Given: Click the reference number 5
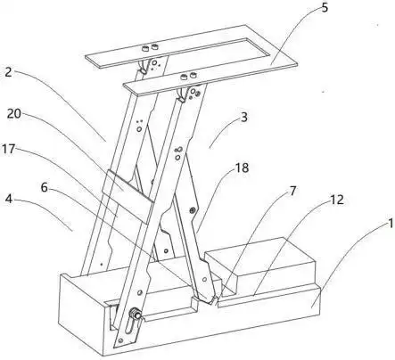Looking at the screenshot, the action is (325, 7).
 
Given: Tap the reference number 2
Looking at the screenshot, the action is (8, 71).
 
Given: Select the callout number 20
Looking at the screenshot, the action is (14, 113).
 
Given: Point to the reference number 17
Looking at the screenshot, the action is (9, 149).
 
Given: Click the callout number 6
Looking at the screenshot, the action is (44, 187).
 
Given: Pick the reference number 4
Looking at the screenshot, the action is (9, 199).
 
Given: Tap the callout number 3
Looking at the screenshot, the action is (243, 118).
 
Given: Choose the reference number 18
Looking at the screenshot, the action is (242, 168).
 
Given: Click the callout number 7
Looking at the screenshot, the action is (292, 191).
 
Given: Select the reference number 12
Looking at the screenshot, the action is (337, 200).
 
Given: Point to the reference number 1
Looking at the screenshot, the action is (391, 224).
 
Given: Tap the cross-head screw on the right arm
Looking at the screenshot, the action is (192, 210).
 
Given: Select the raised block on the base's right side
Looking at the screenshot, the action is (260, 266).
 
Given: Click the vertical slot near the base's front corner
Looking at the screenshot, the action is (128, 327).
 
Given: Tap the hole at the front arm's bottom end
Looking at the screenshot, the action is (120, 340).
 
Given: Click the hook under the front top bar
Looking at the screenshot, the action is (181, 94).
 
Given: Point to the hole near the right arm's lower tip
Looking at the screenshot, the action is (204, 280).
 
